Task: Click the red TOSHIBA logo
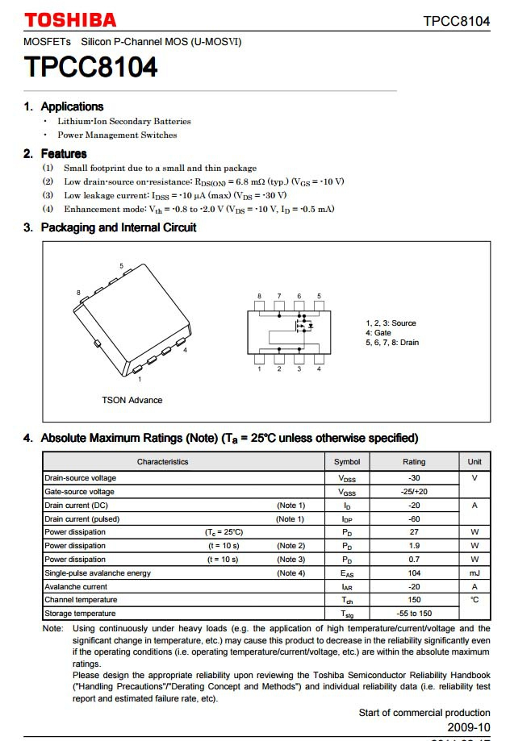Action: pyautogui.click(x=70, y=20)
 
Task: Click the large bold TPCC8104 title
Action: pyautogui.click(x=90, y=67)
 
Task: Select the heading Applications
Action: pyautogui.click(x=72, y=106)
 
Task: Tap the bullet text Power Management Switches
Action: pyautogui.click(x=117, y=135)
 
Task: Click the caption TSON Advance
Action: pyautogui.click(x=132, y=400)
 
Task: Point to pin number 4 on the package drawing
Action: pyautogui.click(x=185, y=350)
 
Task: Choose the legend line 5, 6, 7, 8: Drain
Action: pyautogui.click(x=392, y=343)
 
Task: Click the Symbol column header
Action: pyautogui.click(x=347, y=462)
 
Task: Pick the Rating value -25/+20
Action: pyautogui.click(x=414, y=492)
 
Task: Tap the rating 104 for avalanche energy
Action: pyautogui.click(x=414, y=573)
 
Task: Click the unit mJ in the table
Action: pyautogui.click(x=474, y=573)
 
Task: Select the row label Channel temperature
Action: pyautogui.click(x=81, y=600)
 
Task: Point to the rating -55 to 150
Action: pyautogui.click(x=414, y=614)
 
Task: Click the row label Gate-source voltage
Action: pyautogui.click(x=79, y=492)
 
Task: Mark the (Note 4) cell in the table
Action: pyautogui.click(x=291, y=573)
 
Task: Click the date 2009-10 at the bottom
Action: pyautogui.click(x=469, y=726)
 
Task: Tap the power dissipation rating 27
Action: pyautogui.click(x=414, y=532)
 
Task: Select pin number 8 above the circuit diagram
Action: pyautogui.click(x=259, y=296)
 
